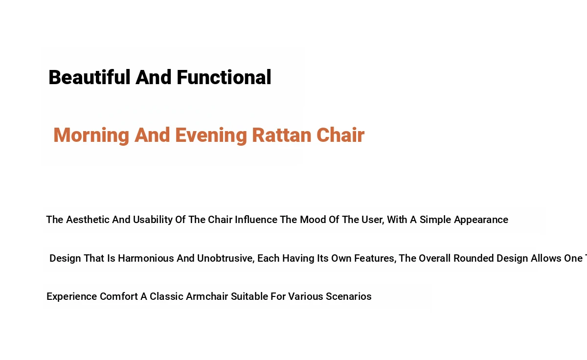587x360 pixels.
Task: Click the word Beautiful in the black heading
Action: (x=90, y=77)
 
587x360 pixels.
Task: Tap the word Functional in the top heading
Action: (x=224, y=77)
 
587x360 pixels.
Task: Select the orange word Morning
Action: (x=91, y=135)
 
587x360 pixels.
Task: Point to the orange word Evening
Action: (x=211, y=135)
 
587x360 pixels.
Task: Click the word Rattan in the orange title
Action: (x=281, y=135)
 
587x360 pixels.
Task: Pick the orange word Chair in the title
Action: (x=340, y=135)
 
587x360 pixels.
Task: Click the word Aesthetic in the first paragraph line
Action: (x=88, y=220)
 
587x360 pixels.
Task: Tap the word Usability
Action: (x=153, y=220)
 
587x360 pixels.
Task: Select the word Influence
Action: (x=256, y=220)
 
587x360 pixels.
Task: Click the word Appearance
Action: (x=481, y=220)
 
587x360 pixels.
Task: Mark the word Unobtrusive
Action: (x=226, y=259)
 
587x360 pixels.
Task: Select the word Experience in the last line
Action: (x=72, y=297)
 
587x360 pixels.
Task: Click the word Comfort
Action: (x=119, y=296)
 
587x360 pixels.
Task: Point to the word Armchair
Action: (x=207, y=296)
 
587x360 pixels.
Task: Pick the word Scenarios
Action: (x=348, y=296)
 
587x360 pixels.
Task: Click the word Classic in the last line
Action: (x=166, y=296)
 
